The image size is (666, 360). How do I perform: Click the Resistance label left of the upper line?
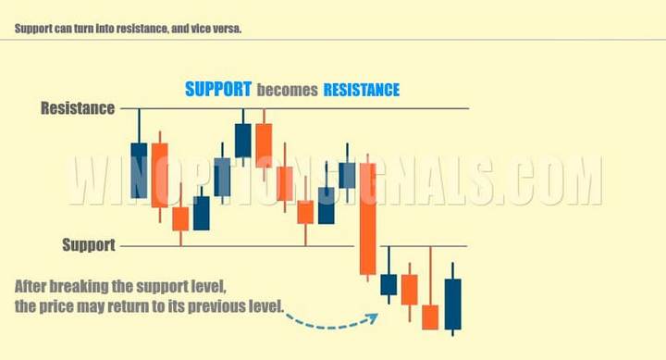click(78, 108)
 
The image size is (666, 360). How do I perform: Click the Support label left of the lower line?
click(89, 245)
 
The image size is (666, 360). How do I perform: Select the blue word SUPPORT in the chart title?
click(218, 90)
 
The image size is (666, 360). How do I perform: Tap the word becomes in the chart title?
click(287, 91)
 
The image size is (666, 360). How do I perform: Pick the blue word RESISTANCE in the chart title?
click(362, 90)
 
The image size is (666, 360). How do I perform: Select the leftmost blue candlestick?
click(139, 170)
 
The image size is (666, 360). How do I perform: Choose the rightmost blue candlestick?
click(452, 304)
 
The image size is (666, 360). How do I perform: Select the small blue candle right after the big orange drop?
click(388, 284)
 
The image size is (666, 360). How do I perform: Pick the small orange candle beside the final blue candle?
click(430, 317)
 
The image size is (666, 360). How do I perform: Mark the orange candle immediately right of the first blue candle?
click(159, 175)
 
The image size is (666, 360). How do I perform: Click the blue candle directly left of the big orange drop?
click(347, 175)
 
